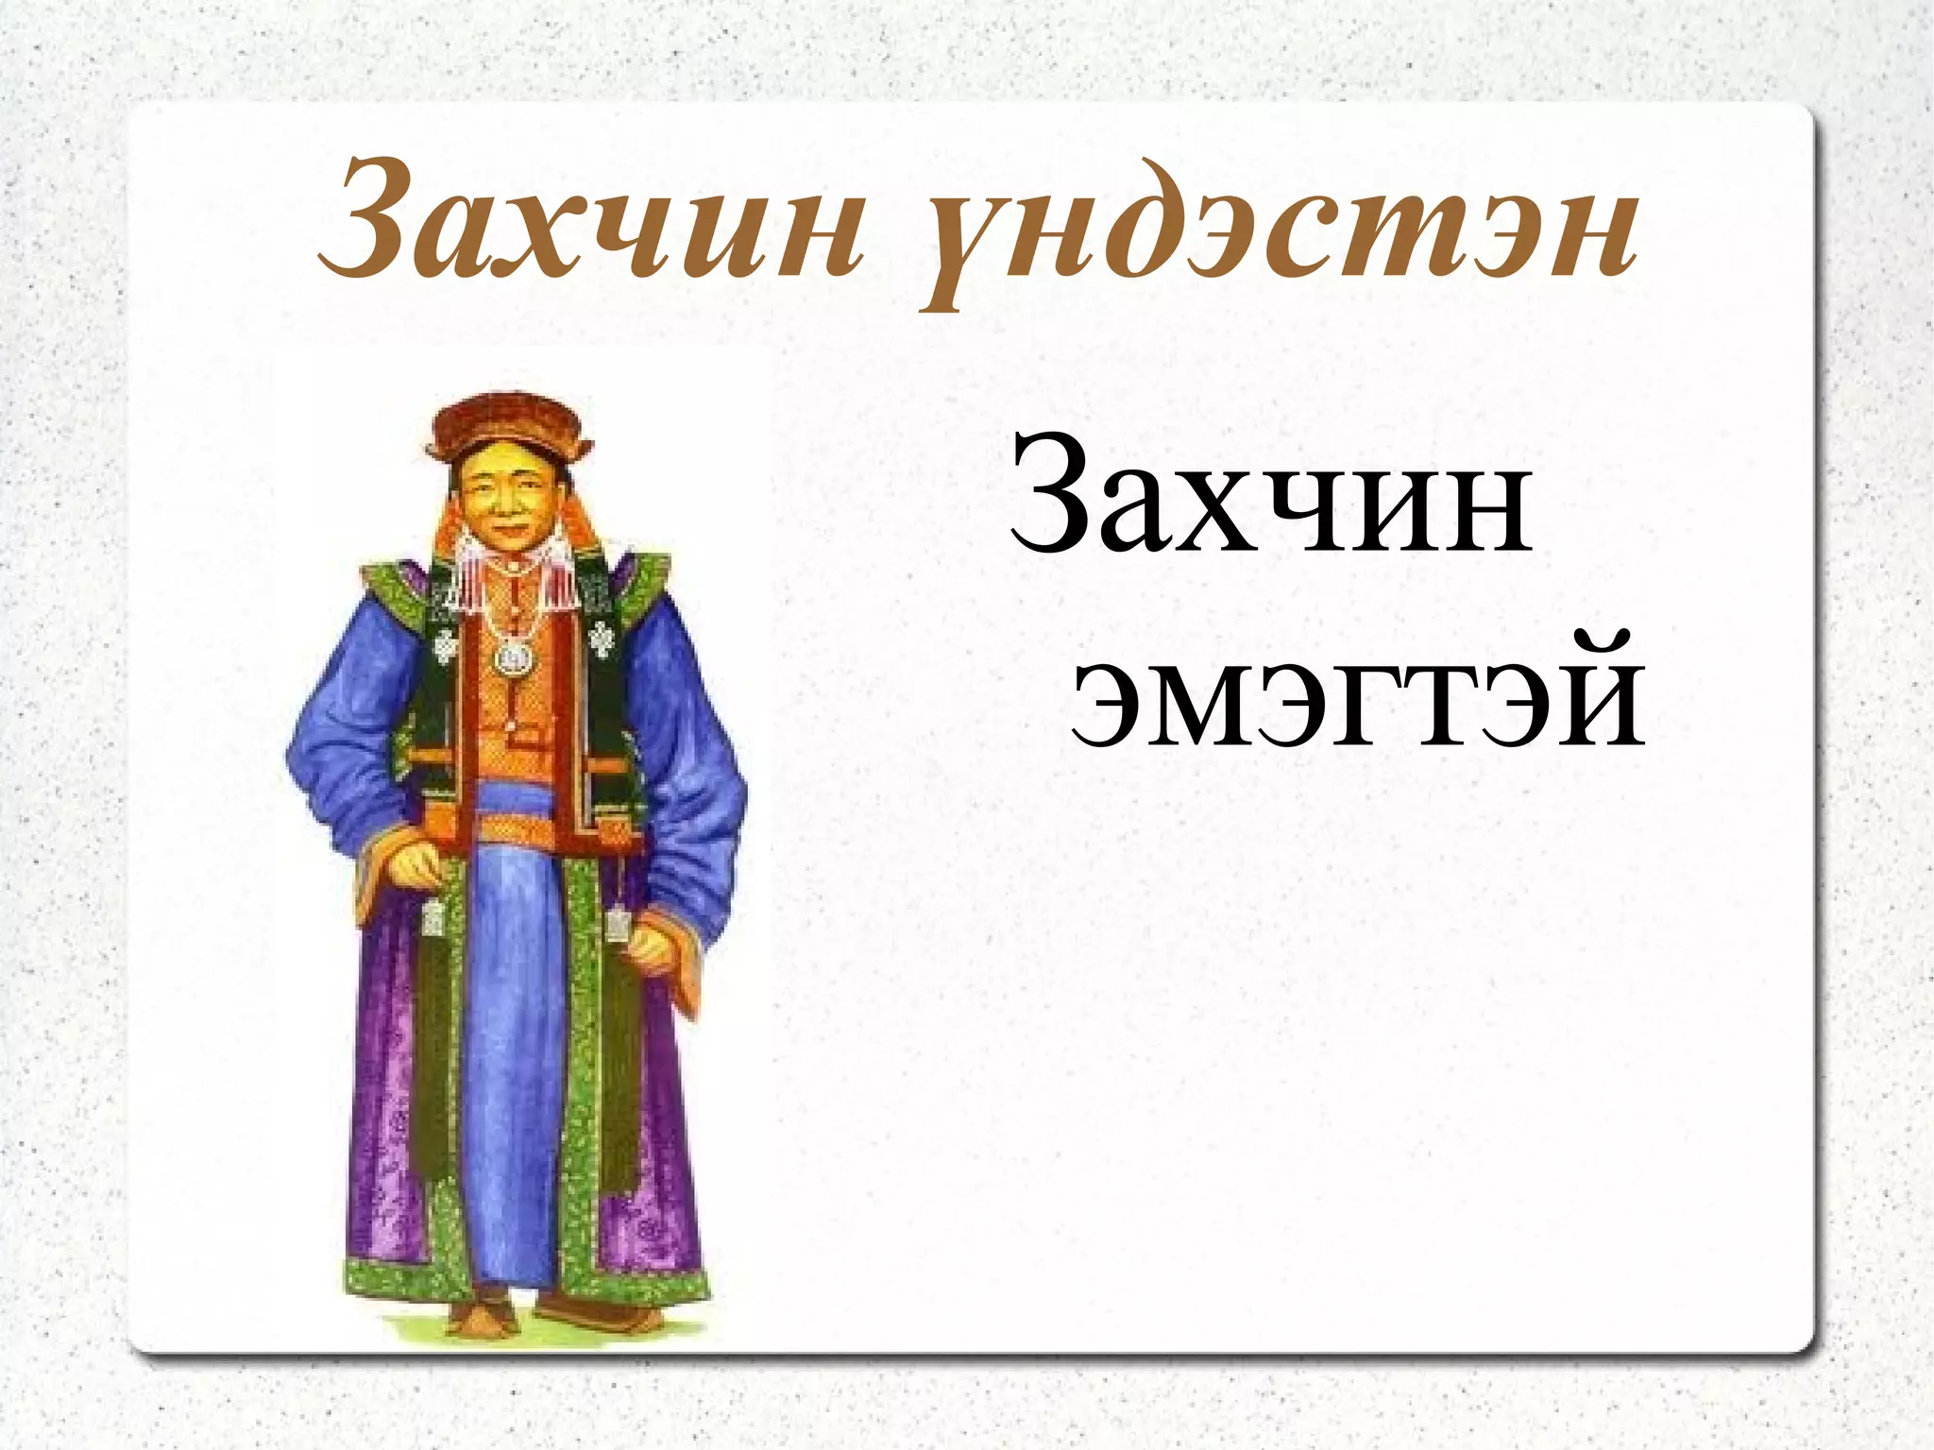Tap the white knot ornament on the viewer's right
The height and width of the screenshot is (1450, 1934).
click(x=602, y=639)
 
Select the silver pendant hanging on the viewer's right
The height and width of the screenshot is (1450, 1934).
click(x=618, y=921)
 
